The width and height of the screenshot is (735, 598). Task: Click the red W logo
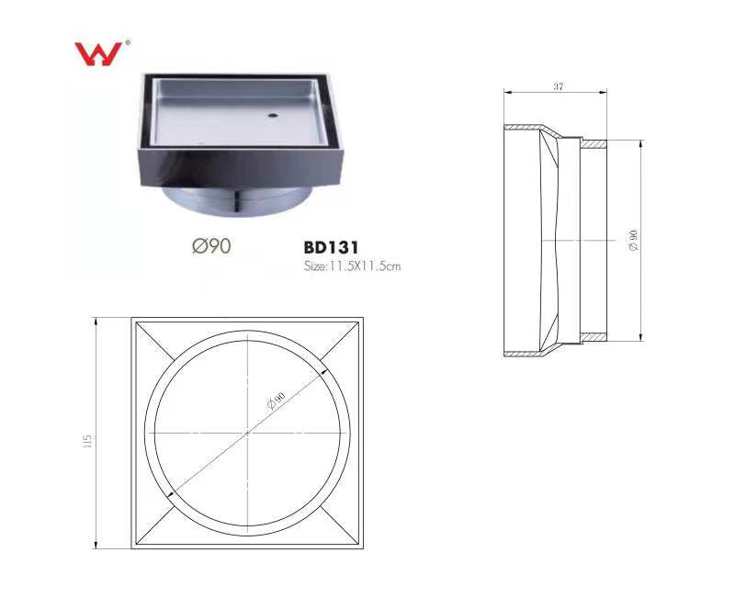(97, 54)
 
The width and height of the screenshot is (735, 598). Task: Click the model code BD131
(330, 247)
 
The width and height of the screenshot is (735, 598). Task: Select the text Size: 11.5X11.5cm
(352, 266)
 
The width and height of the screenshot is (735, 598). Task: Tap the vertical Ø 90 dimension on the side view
(634, 241)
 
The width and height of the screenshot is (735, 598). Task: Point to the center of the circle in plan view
(248, 432)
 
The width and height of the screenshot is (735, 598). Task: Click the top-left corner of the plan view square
(131, 318)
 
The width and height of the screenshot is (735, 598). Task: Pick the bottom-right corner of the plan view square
(364, 549)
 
